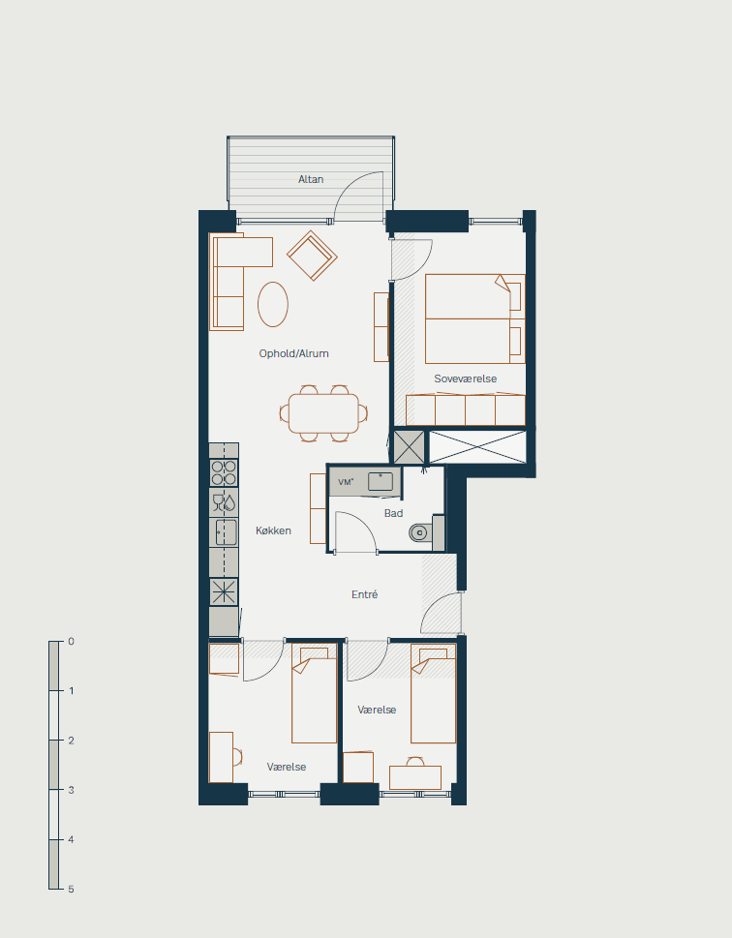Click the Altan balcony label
click(311, 179)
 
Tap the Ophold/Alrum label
click(294, 353)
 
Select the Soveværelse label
click(465, 378)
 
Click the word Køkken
click(273, 530)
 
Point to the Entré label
click(364, 594)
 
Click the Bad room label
click(393, 513)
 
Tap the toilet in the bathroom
click(419, 531)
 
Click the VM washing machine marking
click(346, 481)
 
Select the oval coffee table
click(273, 305)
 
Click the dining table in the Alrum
click(323, 413)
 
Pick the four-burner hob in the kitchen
click(224, 472)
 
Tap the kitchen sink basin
click(226, 532)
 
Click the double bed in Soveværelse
click(475, 318)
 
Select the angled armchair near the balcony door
click(312, 256)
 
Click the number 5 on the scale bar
click(71, 889)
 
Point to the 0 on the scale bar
click(72, 641)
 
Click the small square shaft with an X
click(409, 447)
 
